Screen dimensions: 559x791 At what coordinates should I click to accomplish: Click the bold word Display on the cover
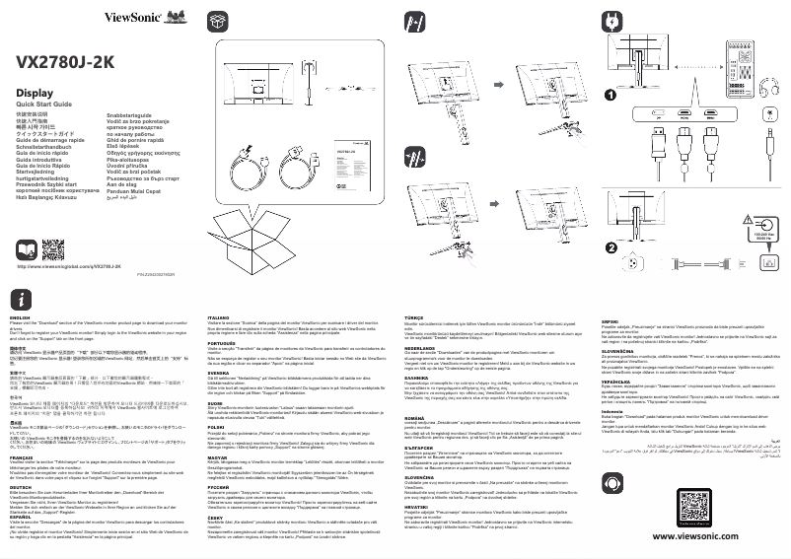click(36, 93)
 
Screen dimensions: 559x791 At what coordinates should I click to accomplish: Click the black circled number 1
click(611, 96)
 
